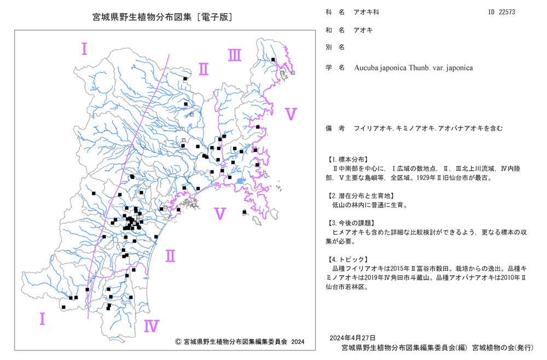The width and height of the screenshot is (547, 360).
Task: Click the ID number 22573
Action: tap(507, 12)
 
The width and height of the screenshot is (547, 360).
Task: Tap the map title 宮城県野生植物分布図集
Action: tap(142, 17)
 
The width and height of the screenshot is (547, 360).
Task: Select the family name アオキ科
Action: tap(366, 12)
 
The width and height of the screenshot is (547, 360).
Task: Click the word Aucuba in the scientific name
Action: tap(365, 68)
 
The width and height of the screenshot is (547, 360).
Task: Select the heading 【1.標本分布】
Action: tap(347, 160)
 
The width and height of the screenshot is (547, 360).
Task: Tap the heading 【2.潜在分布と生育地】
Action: tap(360, 196)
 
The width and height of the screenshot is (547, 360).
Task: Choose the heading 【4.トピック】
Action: tap(347, 259)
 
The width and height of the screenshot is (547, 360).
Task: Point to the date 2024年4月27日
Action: tap(353, 338)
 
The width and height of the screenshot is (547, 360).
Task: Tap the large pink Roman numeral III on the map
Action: tap(235, 55)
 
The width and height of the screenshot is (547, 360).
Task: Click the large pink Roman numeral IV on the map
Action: tap(152, 326)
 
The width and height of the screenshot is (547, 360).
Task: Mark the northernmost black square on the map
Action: tap(273, 60)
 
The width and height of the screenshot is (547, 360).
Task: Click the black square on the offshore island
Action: tap(245, 212)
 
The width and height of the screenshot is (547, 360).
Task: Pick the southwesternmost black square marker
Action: tap(63, 307)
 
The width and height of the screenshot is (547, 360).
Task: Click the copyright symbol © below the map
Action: tap(178, 342)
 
